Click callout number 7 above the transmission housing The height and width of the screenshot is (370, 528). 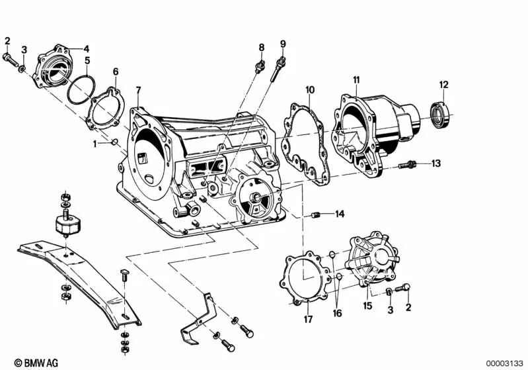point(138,90)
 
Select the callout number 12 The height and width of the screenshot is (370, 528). point(444,84)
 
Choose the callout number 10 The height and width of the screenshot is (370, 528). point(310,89)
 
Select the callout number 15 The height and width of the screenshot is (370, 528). point(367,306)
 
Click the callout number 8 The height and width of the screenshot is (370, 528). point(261,47)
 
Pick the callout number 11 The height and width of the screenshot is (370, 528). point(356,81)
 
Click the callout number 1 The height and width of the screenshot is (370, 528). point(94,143)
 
